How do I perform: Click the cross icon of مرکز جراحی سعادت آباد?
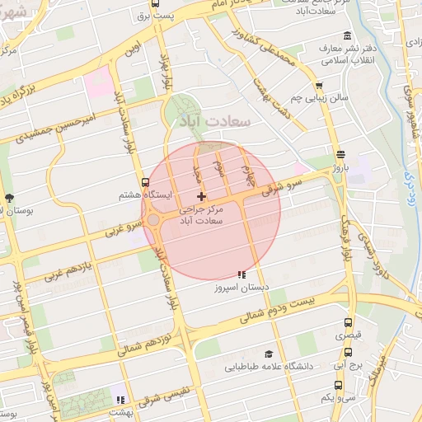(x=201, y=196)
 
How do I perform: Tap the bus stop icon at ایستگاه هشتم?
(x=145, y=183)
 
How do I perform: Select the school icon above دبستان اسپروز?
(x=241, y=274)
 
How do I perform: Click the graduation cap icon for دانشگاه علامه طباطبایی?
(x=267, y=354)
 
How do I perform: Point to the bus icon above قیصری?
(x=347, y=322)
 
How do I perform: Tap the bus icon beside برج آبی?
(x=338, y=363)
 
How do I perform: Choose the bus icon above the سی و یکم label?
(x=338, y=385)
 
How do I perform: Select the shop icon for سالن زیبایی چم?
(x=319, y=86)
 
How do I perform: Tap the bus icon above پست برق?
(x=145, y=3)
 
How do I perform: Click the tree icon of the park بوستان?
(x=9, y=198)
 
